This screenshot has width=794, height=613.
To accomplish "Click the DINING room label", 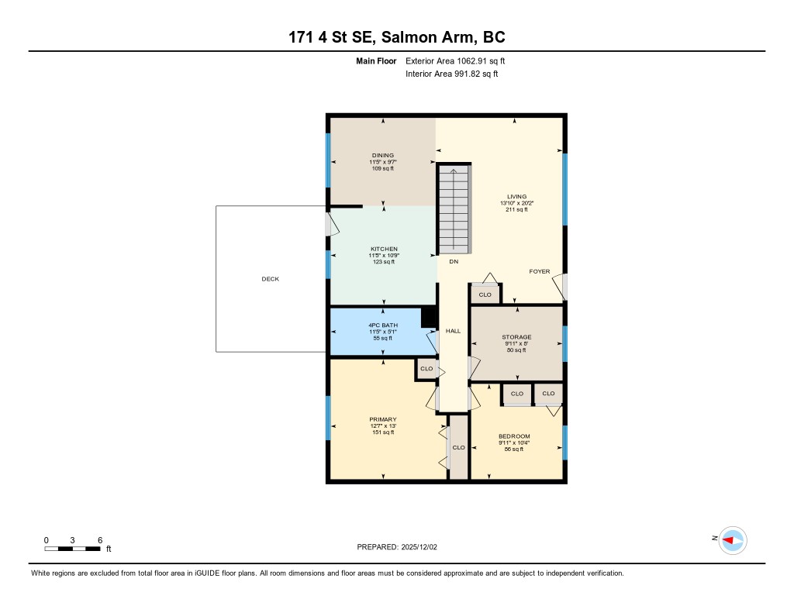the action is [x=383, y=156].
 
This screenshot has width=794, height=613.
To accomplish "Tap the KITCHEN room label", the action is [x=384, y=249].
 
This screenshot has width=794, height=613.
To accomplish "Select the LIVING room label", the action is [x=516, y=196].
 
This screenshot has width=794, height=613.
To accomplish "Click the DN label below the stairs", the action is [x=454, y=262].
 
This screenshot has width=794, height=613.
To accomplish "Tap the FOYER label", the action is [x=540, y=271].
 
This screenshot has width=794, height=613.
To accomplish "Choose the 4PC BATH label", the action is [x=383, y=325].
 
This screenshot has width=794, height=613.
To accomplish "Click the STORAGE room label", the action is [x=516, y=336].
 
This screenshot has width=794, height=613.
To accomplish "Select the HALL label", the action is [x=453, y=331].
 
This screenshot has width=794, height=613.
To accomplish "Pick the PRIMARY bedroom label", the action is [x=383, y=419].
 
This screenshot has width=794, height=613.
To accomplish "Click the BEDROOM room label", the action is [x=514, y=436].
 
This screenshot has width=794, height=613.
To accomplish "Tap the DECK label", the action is [x=271, y=279].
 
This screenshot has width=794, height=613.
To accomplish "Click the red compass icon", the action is [x=733, y=540].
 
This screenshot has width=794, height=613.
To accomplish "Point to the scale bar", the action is [x=72, y=549].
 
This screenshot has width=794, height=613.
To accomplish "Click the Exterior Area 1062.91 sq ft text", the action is [x=455, y=60].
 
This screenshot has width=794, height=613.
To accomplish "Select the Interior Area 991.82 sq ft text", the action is [x=452, y=74].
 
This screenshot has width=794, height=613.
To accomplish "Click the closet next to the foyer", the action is [x=485, y=294].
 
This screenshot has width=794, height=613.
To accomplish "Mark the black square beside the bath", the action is [x=429, y=317].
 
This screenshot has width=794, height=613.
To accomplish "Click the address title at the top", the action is [x=397, y=37].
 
